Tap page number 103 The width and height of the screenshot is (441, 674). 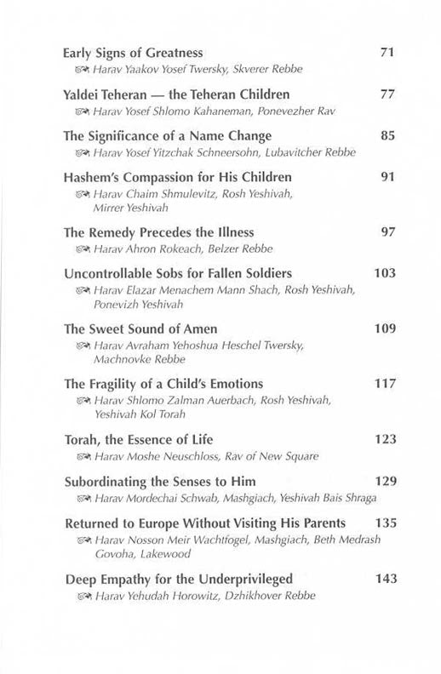coord(385,273)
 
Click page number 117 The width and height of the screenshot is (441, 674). coord(385,382)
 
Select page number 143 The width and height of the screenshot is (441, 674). coord(385,580)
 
